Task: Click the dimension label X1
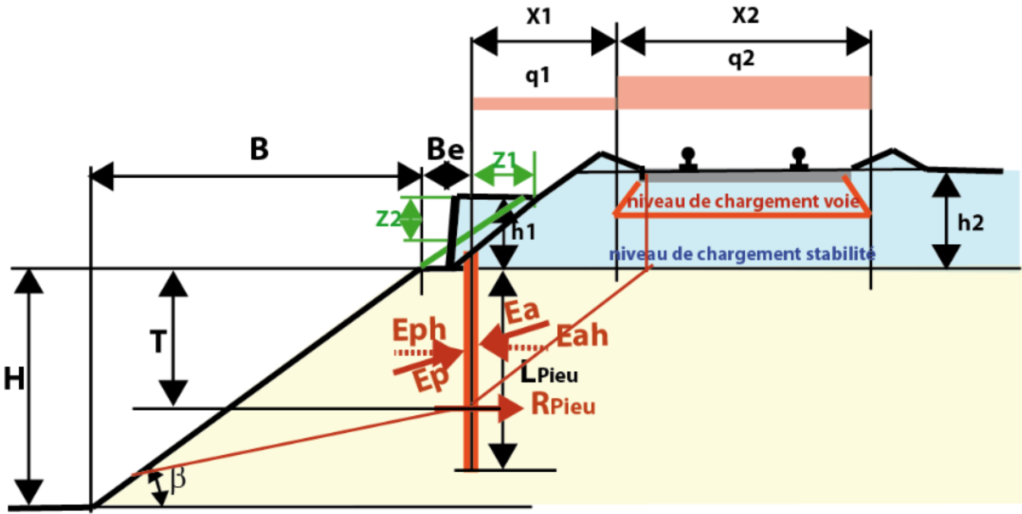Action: (x=539, y=16)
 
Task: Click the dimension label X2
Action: (x=745, y=15)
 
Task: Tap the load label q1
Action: (x=538, y=75)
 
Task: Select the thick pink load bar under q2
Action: (x=744, y=93)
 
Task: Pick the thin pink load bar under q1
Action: (x=544, y=104)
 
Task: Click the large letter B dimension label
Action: (x=259, y=150)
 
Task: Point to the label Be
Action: (x=446, y=150)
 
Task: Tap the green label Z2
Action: (x=388, y=218)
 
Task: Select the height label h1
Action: (x=523, y=232)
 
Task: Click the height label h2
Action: (x=971, y=223)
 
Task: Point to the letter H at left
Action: (x=14, y=379)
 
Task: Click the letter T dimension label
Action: (x=158, y=342)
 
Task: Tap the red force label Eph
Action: (x=419, y=330)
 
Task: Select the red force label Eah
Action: (x=582, y=336)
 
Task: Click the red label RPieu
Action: (x=563, y=405)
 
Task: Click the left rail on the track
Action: (x=688, y=159)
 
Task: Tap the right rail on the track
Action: (x=798, y=159)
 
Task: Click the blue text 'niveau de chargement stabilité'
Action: (x=742, y=254)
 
